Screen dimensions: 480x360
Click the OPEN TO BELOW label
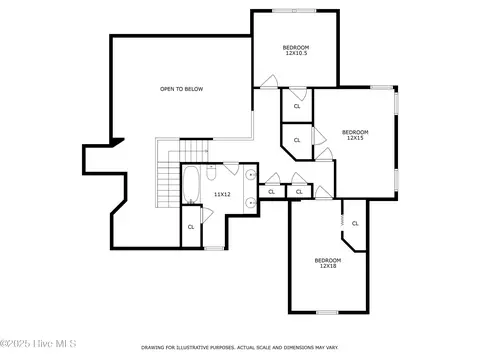point(181,89)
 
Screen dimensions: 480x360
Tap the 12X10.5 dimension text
point(296,53)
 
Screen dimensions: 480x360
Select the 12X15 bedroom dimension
point(355,138)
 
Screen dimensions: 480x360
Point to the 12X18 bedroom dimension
point(328,266)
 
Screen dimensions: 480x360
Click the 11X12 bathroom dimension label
point(222,194)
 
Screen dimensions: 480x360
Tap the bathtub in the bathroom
point(191,185)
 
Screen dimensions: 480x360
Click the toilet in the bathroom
point(211,172)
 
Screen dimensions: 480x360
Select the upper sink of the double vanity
point(251,174)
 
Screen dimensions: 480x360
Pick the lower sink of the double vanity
point(251,202)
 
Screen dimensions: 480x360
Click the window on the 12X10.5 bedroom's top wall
point(294,11)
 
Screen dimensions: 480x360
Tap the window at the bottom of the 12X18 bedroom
point(327,312)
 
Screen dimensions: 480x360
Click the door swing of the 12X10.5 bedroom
point(269,81)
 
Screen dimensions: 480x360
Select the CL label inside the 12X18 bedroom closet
point(355,223)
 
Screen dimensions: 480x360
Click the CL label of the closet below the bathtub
point(191,227)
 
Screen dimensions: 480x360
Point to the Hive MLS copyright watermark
point(38,343)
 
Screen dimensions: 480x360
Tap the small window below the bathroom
point(214,248)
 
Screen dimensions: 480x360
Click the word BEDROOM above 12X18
point(328,260)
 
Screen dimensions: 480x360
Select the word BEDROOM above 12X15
point(355,132)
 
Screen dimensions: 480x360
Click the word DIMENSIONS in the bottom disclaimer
point(299,348)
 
